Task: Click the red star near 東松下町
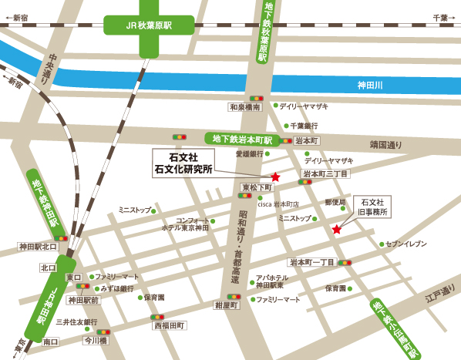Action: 274,177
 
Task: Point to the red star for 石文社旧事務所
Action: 336,229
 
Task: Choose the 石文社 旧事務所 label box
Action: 372,206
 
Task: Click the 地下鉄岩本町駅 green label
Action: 242,140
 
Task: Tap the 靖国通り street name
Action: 385,144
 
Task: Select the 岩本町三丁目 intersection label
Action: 325,174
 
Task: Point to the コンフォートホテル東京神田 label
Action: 186,224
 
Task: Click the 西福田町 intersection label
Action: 170,326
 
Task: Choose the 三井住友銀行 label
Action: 76,321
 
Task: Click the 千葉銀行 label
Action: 304,126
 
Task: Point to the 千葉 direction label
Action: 440,16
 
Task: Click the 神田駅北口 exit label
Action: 39,247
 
